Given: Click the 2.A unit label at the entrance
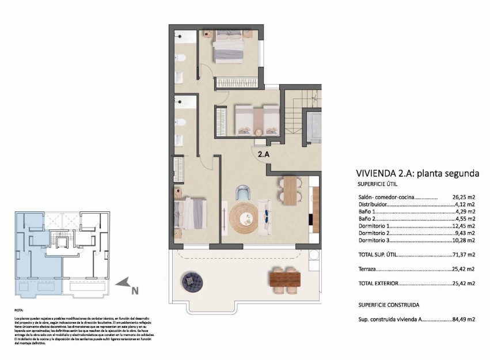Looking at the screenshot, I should pos(264,154).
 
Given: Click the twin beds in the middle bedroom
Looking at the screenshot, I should pos(256,119).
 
